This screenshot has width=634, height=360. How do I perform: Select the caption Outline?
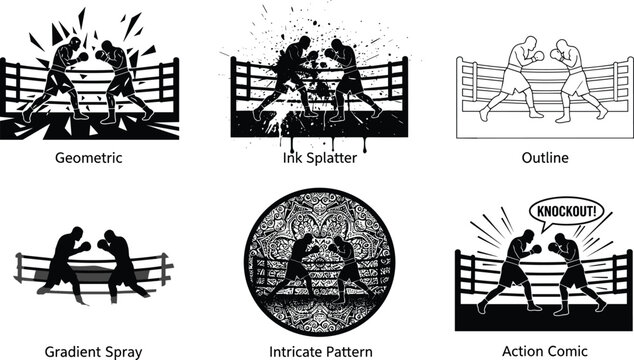(x=545, y=157)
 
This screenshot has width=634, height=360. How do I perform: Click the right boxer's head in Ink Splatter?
(x=337, y=46)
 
